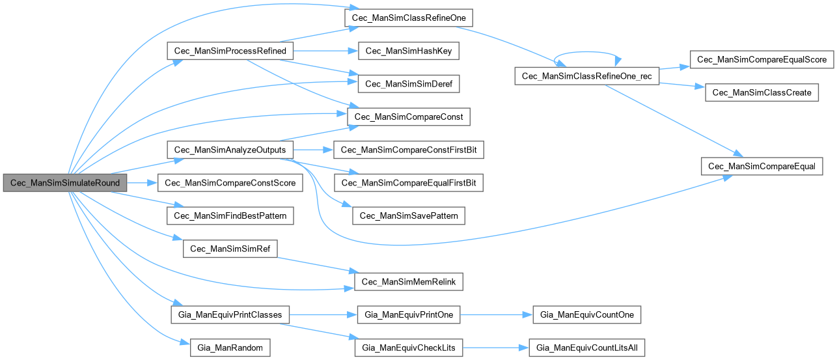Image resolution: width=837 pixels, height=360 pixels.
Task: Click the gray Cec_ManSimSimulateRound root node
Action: click(65, 183)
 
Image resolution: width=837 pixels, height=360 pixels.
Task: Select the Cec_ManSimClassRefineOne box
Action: click(408, 18)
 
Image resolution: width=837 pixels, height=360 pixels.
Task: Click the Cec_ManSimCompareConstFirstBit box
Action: click(408, 150)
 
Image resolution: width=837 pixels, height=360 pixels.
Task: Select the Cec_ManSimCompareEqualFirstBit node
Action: click(408, 183)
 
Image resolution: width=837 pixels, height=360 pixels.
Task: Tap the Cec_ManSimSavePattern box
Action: click(408, 215)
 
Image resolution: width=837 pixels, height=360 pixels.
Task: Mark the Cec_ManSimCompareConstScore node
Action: click(230, 183)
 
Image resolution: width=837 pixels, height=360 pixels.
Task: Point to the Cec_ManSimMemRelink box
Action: click(408, 282)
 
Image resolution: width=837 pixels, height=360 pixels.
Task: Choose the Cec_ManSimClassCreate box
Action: click(762, 92)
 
